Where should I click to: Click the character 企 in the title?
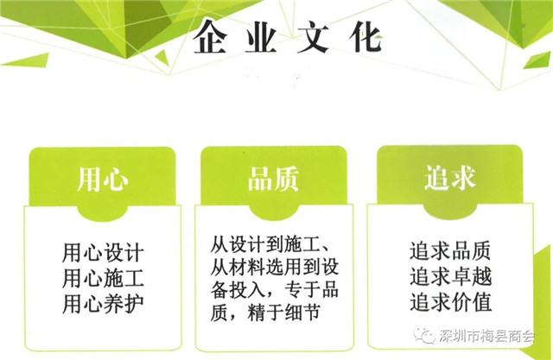click(x=210, y=37)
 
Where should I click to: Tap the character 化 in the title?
click(x=365, y=37)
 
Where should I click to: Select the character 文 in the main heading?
click(x=313, y=37)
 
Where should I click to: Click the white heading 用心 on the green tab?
click(x=102, y=179)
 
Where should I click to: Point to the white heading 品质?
click(x=273, y=179)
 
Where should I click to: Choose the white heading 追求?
click(x=449, y=177)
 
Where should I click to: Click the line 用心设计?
click(x=103, y=252)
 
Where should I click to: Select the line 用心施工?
click(x=103, y=278)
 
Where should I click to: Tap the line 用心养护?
click(x=103, y=303)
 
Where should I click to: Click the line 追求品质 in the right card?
click(x=450, y=250)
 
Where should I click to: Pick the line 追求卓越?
click(x=450, y=276)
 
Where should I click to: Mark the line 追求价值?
click(x=450, y=302)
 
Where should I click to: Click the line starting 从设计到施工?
click(x=270, y=244)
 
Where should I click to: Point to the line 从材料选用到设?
click(x=275, y=267)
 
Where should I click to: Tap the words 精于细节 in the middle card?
click(x=284, y=313)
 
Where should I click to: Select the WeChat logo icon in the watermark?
click(x=425, y=336)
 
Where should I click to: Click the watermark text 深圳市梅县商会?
click(x=487, y=337)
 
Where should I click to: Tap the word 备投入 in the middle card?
click(x=238, y=289)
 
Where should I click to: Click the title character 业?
click(x=261, y=37)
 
